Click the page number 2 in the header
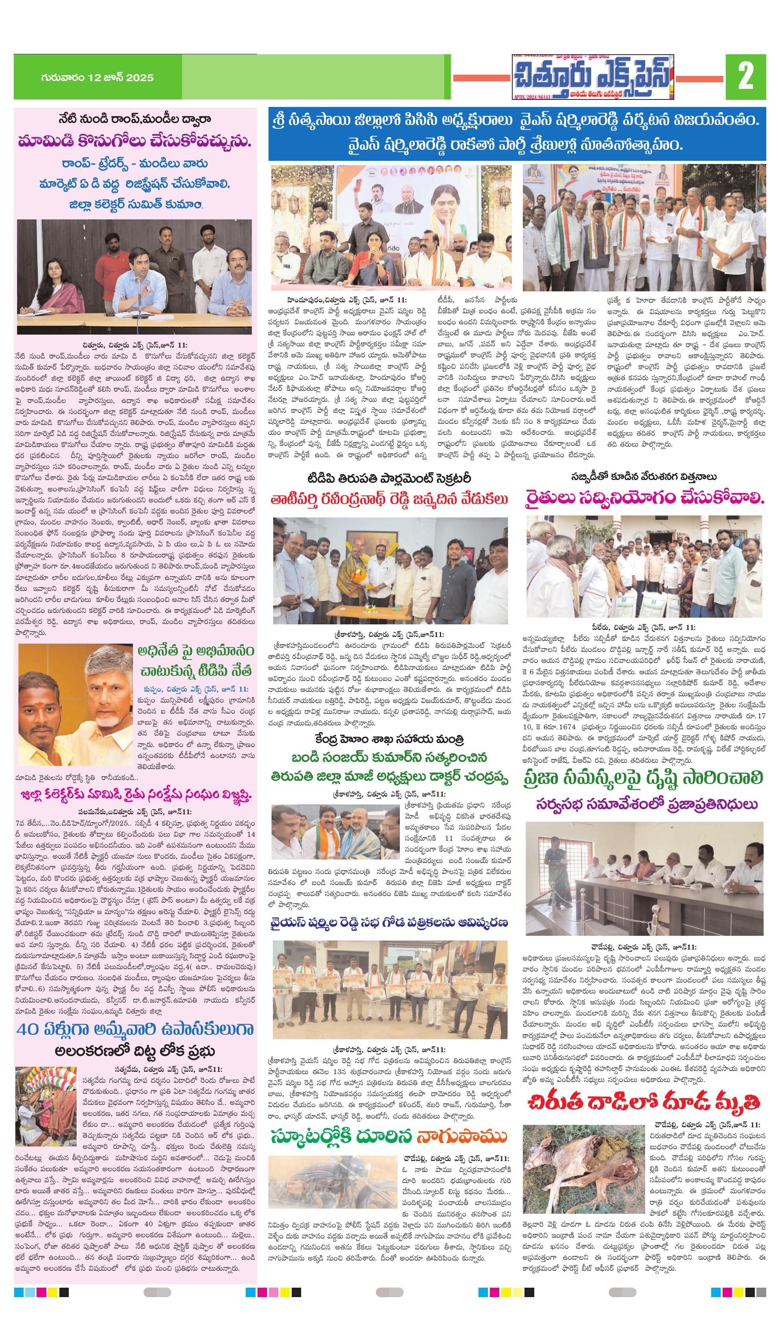tap(745, 77)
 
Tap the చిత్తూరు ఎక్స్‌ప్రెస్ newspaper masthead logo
tap(592, 77)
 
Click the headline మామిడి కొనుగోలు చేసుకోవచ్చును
tap(135, 142)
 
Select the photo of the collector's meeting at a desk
tap(135, 277)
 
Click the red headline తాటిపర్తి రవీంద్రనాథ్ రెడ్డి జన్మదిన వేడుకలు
tap(390, 499)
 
